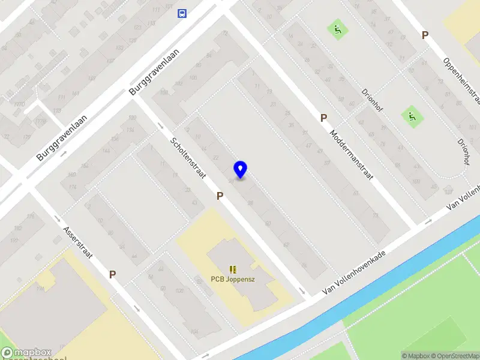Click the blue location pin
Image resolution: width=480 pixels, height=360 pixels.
[x=241, y=169]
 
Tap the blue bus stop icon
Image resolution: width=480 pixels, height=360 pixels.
[x=181, y=13]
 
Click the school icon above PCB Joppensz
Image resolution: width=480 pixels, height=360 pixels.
[x=232, y=269]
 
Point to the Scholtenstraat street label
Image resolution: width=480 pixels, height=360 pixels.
[x=188, y=159]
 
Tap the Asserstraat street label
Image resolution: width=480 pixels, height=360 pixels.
[x=77, y=242]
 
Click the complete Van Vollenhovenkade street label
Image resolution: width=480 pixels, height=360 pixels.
[x=353, y=272]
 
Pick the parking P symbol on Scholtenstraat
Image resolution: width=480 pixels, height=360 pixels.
[x=220, y=196]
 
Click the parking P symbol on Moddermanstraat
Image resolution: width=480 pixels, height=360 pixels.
[x=323, y=118]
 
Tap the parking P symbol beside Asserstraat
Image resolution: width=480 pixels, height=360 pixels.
[x=112, y=274]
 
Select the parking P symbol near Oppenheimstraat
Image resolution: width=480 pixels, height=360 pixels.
[x=425, y=35]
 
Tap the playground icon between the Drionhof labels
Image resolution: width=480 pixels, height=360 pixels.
[x=412, y=116]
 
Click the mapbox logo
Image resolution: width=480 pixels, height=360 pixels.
[x=26, y=352]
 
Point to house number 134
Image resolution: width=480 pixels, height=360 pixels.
[x=130, y=130]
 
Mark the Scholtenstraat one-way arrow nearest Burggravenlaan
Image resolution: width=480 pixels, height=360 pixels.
[x=160, y=126]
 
